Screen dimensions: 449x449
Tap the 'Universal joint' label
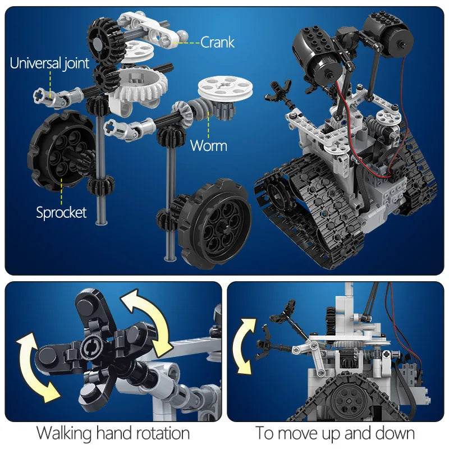[x=49, y=63]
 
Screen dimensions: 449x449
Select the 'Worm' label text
[x=208, y=146]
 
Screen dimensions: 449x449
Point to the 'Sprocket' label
[x=61, y=212]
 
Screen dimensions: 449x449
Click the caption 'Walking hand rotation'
[x=113, y=433]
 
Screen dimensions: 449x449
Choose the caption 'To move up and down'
[x=335, y=433]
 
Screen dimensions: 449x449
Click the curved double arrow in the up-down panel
[x=246, y=345]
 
